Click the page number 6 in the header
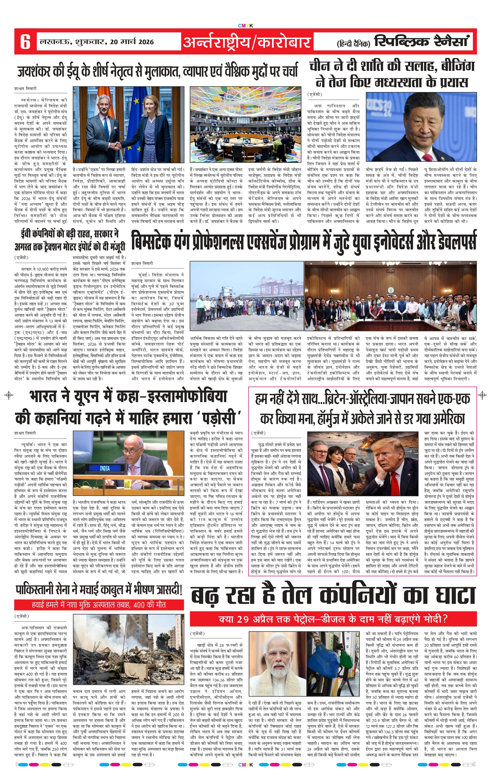tap(25, 42)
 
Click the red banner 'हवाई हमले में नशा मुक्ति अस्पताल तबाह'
tap(99, 604)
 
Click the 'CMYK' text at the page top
tap(245, 26)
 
